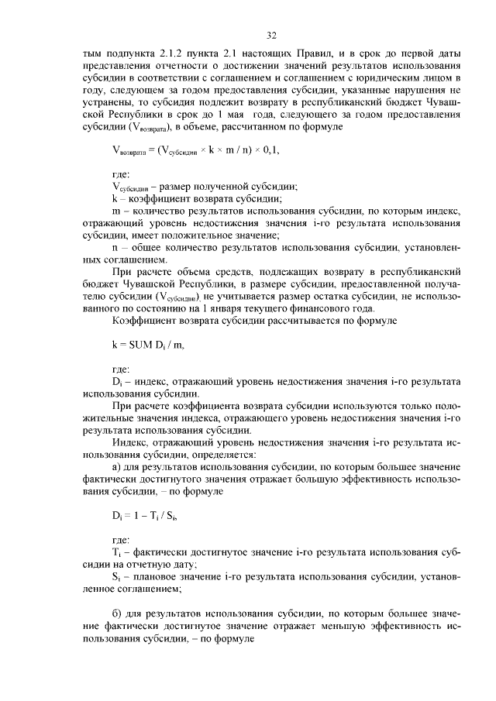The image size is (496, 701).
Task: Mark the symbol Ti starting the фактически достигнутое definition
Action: point(117,553)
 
